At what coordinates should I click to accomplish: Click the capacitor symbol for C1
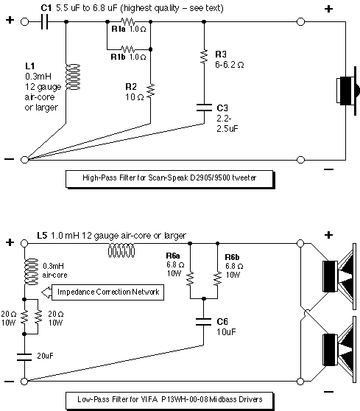45,22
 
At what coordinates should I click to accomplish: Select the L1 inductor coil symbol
73,77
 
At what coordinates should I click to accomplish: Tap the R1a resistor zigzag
129,21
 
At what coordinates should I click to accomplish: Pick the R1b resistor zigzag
129,49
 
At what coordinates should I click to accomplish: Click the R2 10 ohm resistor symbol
151,91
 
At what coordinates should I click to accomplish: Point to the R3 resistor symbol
204,57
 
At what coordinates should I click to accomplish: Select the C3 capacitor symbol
204,108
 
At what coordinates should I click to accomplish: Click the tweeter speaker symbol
347,91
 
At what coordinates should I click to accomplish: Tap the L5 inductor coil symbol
121,251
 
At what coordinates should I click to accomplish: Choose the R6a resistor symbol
190,278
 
